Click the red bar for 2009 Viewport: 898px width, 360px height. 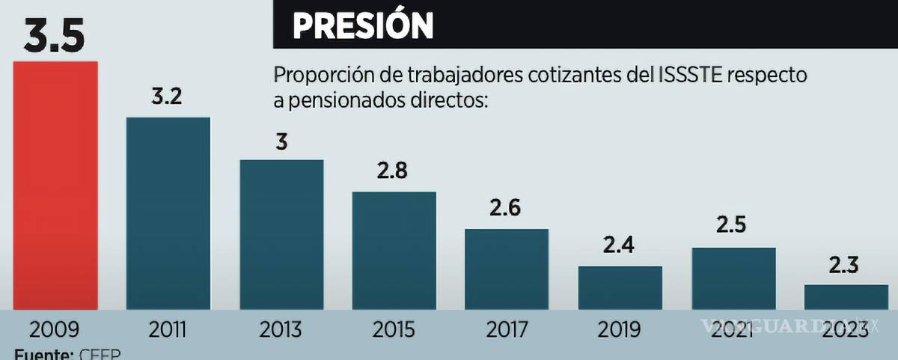[x=55, y=185]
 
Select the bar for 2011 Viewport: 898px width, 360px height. [x=168, y=213]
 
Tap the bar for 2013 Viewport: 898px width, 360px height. [x=281, y=234]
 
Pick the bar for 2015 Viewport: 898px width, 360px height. [x=394, y=251]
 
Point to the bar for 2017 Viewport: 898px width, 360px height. [x=507, y=269]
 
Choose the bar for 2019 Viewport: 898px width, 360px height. [x=620, y=287]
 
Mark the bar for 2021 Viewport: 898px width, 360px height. [x=733, y=278]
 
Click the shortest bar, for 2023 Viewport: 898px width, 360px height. [x=846, y=297]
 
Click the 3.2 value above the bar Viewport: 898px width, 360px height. [x=167, y=97]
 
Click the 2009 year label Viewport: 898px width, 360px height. [x=55, y=330]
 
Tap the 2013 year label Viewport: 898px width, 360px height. [x=281, y=330]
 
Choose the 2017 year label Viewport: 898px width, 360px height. [x=507, y=330]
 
